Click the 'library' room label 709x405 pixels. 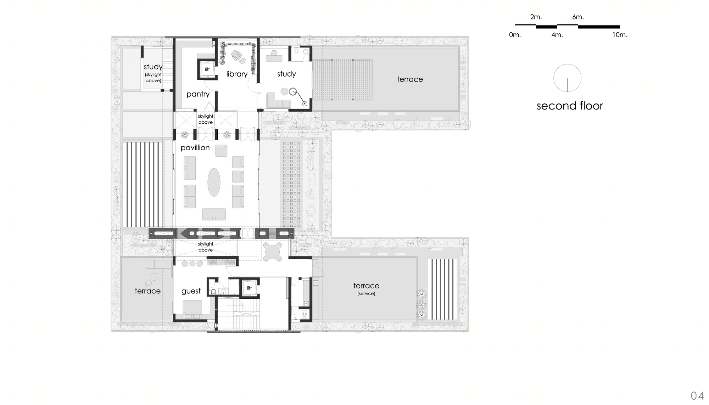click(x=237, y=74)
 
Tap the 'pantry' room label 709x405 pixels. click(x=198, y=94)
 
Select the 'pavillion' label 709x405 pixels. click(x=195, y=148)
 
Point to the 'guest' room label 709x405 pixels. click(x=191, y=291)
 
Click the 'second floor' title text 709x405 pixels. click(x=570, y=106)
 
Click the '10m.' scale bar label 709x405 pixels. click(x=620, y=35)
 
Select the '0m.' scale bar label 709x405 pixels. click(x=515, y=35)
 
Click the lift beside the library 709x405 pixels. click(x=207, y=69)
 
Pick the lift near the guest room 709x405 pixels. click(x=249, y=288)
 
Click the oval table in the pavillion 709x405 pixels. click(x=214, y=182)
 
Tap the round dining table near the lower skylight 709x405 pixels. click(x=273, y=252)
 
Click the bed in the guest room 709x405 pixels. click(x=192, y=308)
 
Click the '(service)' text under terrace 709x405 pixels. click(x=366, y=294)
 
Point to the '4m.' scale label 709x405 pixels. click(x=557, y=35)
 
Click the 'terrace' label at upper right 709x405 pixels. click(x=410, y=79)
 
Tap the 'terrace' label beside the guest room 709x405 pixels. click(x=147, y=291)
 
